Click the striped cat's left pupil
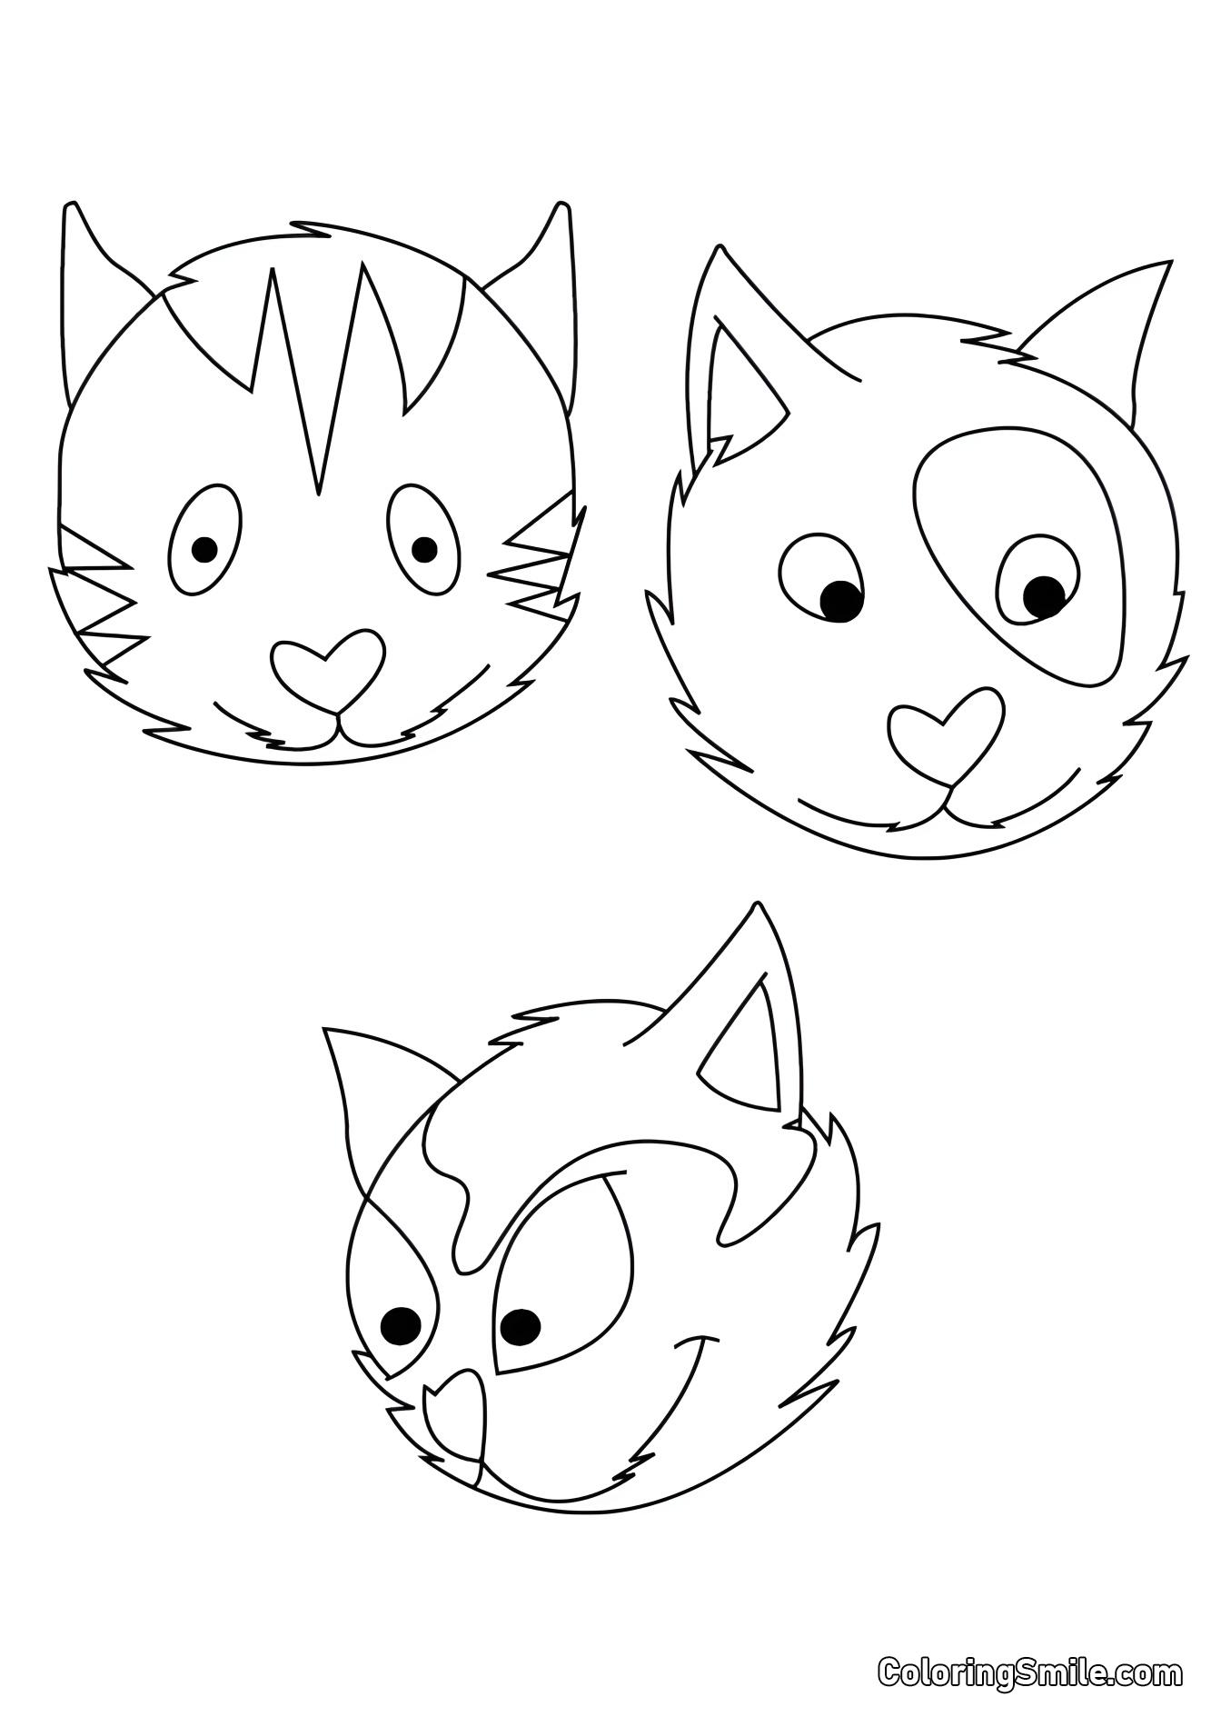point(205,548)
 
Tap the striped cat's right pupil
point(424,548)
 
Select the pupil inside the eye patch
point(1044,595)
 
